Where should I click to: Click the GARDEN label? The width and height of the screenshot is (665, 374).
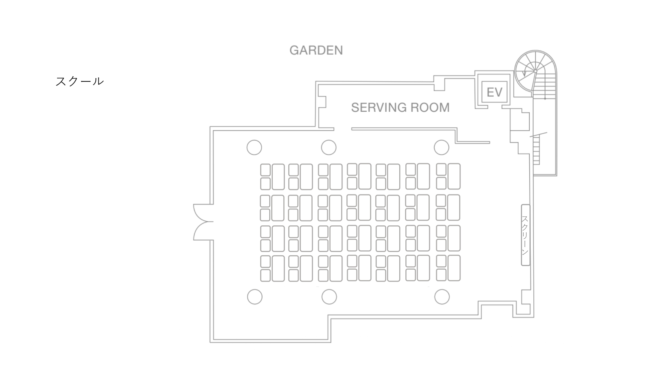316,50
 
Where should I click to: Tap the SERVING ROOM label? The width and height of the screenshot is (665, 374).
400,107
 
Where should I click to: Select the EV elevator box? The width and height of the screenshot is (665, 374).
494,92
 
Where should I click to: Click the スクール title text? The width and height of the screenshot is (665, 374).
79,81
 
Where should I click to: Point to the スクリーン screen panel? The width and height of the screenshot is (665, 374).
525,235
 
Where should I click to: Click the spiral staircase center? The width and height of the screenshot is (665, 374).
535,71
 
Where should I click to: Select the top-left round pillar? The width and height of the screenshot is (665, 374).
254,147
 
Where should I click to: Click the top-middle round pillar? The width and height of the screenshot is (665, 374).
329,147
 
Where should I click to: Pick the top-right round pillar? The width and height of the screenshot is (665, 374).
442,147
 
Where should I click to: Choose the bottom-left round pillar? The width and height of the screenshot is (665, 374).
255,297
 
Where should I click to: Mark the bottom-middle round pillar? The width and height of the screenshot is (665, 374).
329,297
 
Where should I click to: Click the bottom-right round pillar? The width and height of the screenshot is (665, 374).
442,297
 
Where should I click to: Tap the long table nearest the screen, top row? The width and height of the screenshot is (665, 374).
454,176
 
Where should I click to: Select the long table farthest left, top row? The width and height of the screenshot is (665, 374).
278,177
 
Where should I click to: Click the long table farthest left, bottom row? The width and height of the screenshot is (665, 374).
278,268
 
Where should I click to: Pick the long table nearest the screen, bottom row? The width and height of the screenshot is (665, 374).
454,268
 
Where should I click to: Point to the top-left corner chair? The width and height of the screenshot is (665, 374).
265,170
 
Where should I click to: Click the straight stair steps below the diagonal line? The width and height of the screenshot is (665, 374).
536,151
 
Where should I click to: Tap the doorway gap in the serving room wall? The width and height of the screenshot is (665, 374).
342,129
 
